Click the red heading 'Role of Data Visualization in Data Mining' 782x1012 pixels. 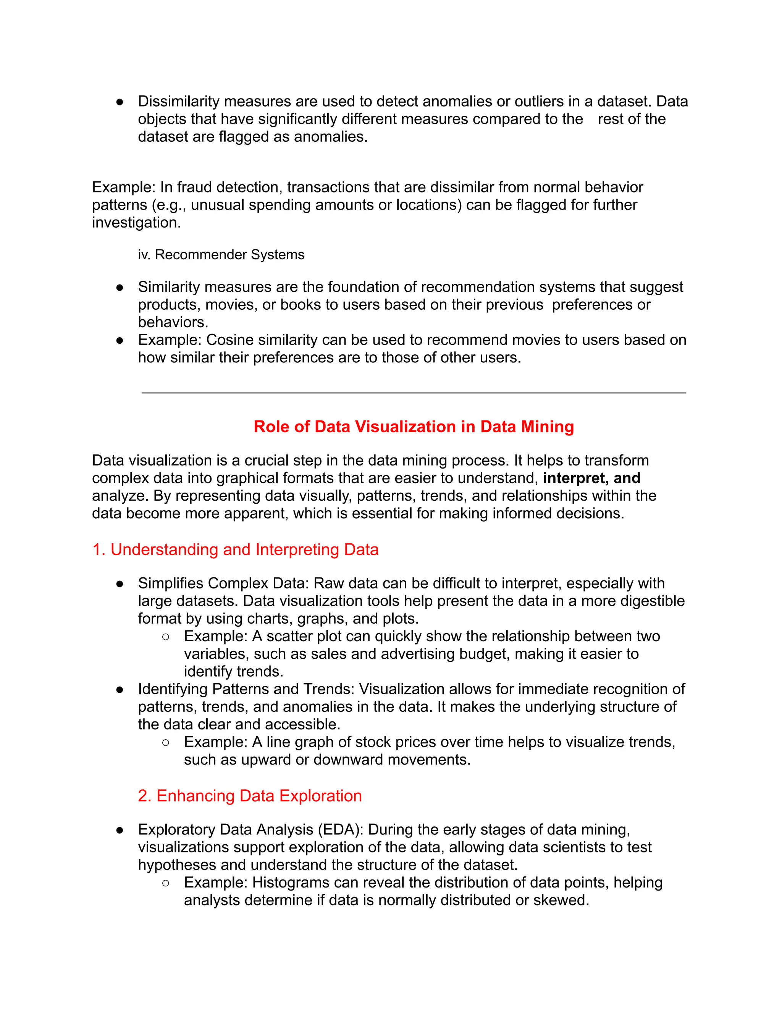[x=414, y=427]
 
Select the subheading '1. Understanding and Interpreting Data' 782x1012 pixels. [x=235, y=550]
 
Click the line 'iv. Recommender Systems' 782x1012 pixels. [x=221, y=255]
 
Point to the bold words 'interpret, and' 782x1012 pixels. [x=591, y=478]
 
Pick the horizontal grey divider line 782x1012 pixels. [x=414, y=393]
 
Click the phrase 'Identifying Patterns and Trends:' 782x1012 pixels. [x=246, y=689]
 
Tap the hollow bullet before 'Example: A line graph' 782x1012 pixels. [x=166, y=742]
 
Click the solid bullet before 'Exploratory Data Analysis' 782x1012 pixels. [x=120, y=830]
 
